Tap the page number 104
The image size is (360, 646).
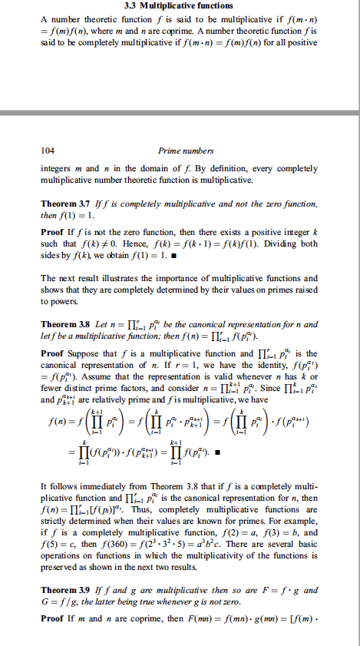coord(48,151)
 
